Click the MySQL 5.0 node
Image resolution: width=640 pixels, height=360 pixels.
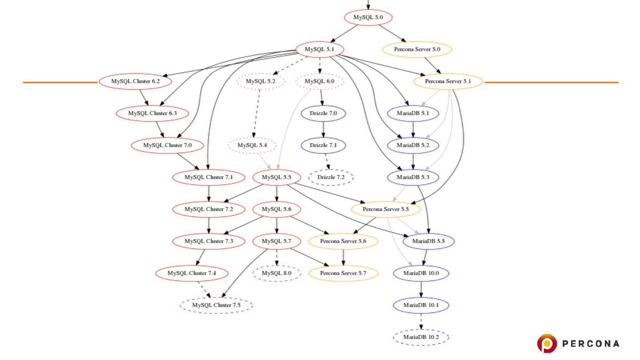pyautogui.click(x=368, y=18)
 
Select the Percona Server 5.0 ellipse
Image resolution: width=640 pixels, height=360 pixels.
pyautogui.click(x=417, y=49)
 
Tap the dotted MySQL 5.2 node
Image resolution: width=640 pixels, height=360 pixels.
pyautogui.click(x=260, y=81)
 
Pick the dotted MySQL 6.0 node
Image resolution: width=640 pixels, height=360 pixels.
pyautogui.click(x=320, y=81)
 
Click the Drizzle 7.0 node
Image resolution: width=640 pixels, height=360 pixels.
pyautogui.click(x=323, y=113)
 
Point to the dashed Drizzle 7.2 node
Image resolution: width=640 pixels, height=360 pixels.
pyautogui.click(x=331, y=177)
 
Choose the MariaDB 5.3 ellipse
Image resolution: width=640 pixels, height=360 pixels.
pyautogui.click(x=413, y=177)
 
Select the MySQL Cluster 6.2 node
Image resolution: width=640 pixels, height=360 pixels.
pyautogui.click(x=135, y=81)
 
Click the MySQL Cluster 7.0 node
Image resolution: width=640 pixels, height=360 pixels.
pyautogui.click(x=167, y=145)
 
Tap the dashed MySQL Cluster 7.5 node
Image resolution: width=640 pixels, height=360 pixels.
pyautogui.click(x=216, y=305)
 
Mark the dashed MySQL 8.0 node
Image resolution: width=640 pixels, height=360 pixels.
pyautogui.click(x=276, y=273)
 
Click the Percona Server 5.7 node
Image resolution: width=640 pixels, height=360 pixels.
pyautogui.click(x=343, y=273)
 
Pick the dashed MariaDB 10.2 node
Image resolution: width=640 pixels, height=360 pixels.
pyautogui.click(x=421, y=337)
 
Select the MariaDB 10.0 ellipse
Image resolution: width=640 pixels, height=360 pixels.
pyautogui.click(x=421, y=273)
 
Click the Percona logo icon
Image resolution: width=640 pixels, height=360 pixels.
pyautogui.click(x=547, y=344)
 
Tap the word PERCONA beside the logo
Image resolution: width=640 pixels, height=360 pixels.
pyautogui.click(x=591, y=344)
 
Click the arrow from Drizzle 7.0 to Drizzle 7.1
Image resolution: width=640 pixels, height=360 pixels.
pyautogui.click(x=323, y=129)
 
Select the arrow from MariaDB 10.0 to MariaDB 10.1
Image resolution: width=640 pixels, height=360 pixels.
pyautogui.click(x=421, y=289)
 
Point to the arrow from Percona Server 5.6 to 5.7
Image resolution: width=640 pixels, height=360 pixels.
pyautogui.click(x=343, y=257)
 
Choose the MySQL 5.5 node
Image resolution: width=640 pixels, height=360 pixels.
pyautogui.click(x=276, y=177)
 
